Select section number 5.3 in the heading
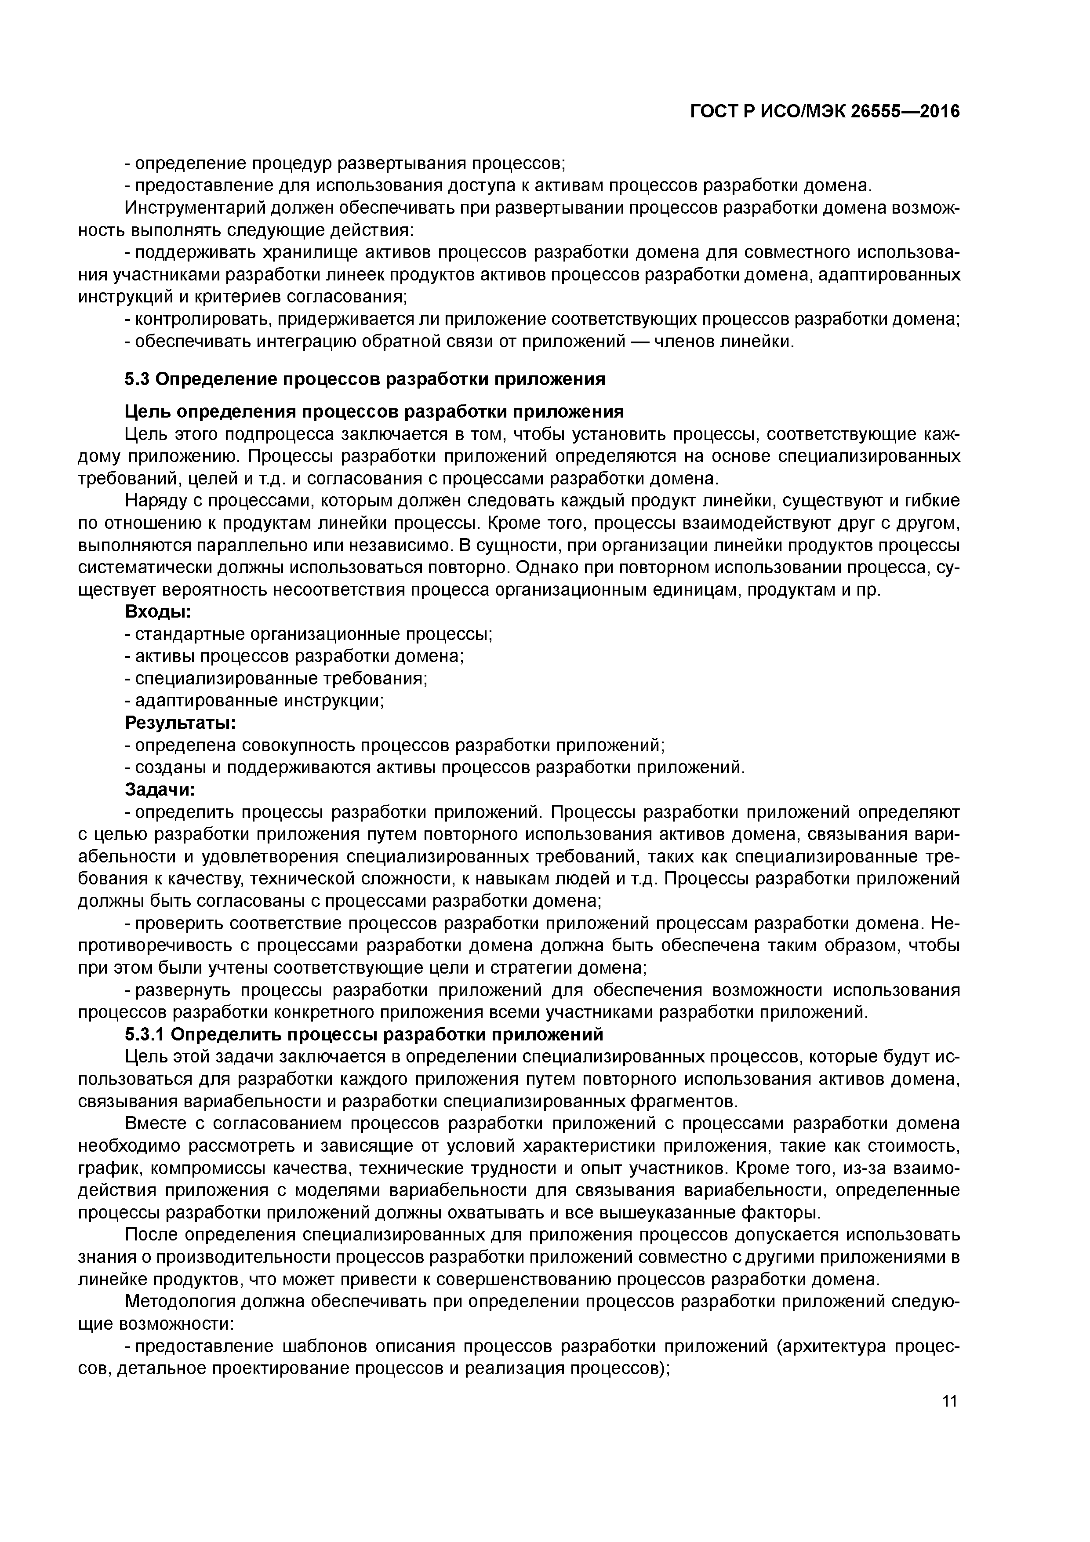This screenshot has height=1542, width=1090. click(x=137, y=379)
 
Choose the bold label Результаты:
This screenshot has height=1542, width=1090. click(x=181, y=724)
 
